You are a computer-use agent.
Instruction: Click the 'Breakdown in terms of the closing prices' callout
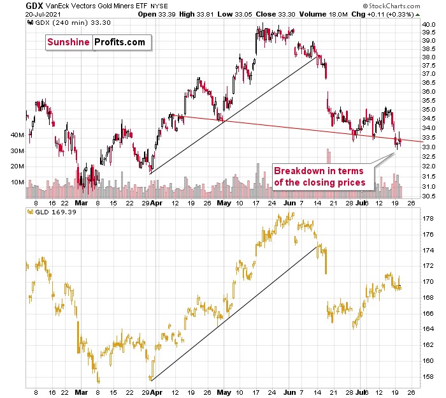[319, 176]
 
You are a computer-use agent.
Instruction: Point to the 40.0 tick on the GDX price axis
[428, 25]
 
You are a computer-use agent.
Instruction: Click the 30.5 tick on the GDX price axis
[428, 196]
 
